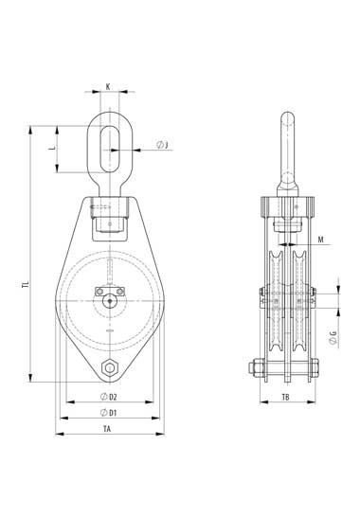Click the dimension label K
[x=108, y=87]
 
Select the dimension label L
[x=52, y=147]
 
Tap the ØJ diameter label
[x=162, y=145]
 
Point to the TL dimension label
[x=26, y=284]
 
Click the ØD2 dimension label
[x=109, y=397]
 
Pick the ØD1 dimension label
[x=109, y=413]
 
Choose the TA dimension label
[x=107, y=429]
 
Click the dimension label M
[x=321, y=240]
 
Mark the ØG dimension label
[x=333, y=339]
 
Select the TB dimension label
[x=286, y=398]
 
